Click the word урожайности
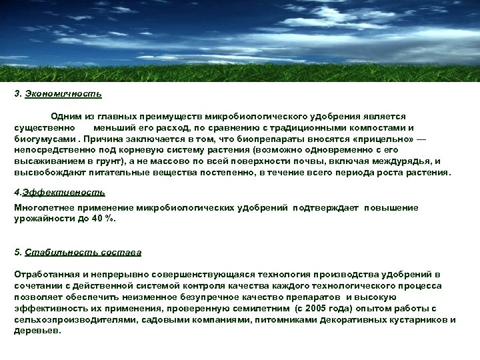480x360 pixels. point(41,218)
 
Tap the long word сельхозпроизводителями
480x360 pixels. point(74,320)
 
